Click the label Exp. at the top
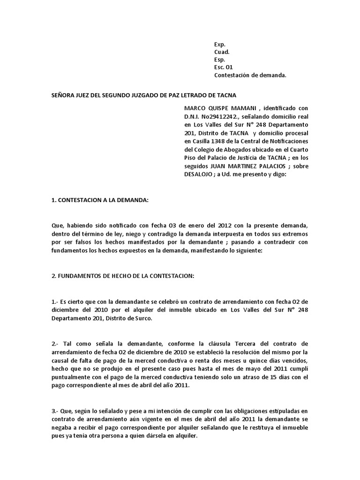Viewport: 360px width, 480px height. coord(219,44)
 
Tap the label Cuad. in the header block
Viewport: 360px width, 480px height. coord(222,52)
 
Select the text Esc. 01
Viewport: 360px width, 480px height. coord(223,67)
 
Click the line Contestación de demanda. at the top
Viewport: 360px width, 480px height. coord(250,75)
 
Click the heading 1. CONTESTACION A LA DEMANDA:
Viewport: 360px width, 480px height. coord(99,200)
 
